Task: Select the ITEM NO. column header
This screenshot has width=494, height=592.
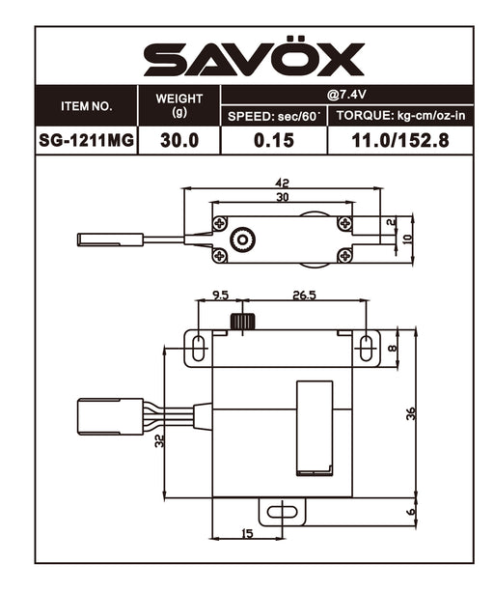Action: coord(87,106)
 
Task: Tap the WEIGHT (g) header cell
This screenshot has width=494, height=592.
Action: coord(179,105)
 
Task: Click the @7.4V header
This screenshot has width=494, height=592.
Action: coord(346,95)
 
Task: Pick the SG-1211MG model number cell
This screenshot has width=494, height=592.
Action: coord(87,140)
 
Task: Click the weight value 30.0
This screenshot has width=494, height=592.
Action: coord(179,140)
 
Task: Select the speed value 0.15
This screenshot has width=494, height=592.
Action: coord(274,140)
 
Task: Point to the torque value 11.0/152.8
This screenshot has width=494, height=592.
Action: coord(400,140)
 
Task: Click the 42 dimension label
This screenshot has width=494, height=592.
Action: coord(282,183)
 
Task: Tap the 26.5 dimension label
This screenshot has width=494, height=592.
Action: coord(304,295)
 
